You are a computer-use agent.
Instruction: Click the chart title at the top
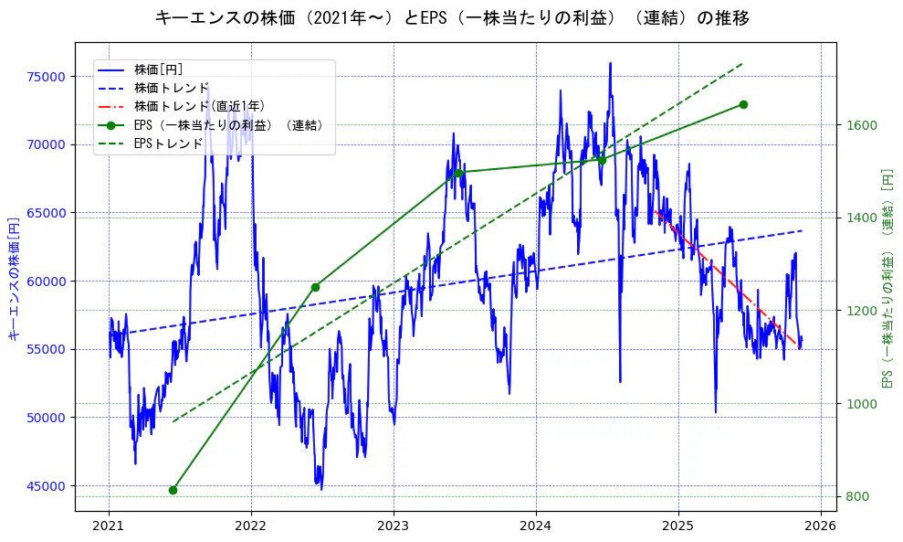452,17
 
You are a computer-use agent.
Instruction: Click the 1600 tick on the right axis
859,125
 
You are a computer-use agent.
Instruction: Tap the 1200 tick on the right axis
859,311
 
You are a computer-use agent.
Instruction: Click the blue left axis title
14,278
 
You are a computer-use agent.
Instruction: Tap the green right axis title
886,278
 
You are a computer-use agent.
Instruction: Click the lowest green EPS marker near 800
173,490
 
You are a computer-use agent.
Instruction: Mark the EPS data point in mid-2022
315,287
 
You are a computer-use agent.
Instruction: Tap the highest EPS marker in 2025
743,104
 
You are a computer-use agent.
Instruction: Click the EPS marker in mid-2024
602,160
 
